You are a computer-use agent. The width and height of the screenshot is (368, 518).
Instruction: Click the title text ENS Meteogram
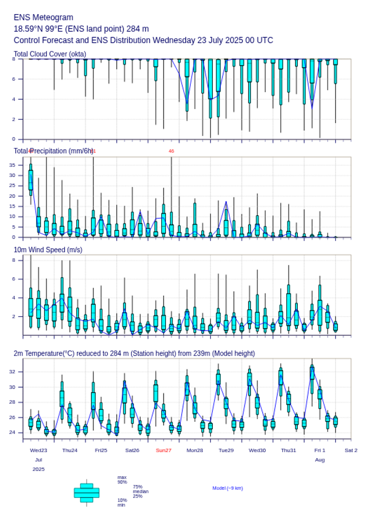[43, 18]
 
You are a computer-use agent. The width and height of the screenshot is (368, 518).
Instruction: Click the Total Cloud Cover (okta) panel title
[50, 54]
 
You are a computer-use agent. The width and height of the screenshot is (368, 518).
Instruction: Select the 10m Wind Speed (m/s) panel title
[48, 250]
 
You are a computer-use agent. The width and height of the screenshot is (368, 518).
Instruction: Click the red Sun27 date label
[164, 450]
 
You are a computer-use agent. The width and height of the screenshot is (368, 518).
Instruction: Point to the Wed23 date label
[38, 450]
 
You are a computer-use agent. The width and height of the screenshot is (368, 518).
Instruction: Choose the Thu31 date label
[289, 450]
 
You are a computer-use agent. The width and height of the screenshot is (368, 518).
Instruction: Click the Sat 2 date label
[351, 450]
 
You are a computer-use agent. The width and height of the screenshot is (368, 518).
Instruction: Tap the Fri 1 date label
[320, 450]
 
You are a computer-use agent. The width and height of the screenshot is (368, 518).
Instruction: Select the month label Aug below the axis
[320, 460]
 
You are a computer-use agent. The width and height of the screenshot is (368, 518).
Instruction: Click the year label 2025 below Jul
[38, 469]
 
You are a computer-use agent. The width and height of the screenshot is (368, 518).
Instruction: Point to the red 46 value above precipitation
[171, 151]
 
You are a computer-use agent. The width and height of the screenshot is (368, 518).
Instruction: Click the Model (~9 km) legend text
[228, 488]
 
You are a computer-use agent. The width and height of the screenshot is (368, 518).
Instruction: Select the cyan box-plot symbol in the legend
[87, 493]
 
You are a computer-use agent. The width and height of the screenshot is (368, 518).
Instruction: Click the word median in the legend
[140, 491]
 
